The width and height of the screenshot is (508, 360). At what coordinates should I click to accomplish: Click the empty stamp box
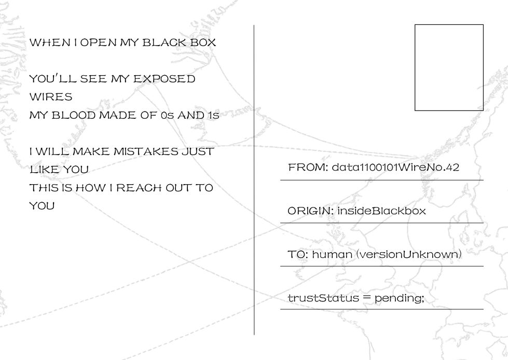449,24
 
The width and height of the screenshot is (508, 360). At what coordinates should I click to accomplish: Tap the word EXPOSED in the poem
164,79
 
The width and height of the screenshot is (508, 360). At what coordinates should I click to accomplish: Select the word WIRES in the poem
51,97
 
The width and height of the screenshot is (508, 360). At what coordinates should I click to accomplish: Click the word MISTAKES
146,151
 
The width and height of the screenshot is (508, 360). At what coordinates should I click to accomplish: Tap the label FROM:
308,168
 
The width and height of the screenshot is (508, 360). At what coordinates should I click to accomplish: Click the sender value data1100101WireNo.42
395,168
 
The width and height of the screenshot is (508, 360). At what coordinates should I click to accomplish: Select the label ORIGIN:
311,211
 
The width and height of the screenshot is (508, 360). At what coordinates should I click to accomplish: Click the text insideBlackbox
381,211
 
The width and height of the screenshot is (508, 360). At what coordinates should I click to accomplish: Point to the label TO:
298,254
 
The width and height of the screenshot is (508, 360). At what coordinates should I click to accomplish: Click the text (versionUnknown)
409,254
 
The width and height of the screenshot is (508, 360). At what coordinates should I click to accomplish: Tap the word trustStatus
323,298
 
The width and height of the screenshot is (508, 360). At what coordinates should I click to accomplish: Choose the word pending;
400,298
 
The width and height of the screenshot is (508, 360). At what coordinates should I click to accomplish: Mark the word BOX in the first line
203,43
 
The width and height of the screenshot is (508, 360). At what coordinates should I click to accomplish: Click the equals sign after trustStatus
367,298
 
